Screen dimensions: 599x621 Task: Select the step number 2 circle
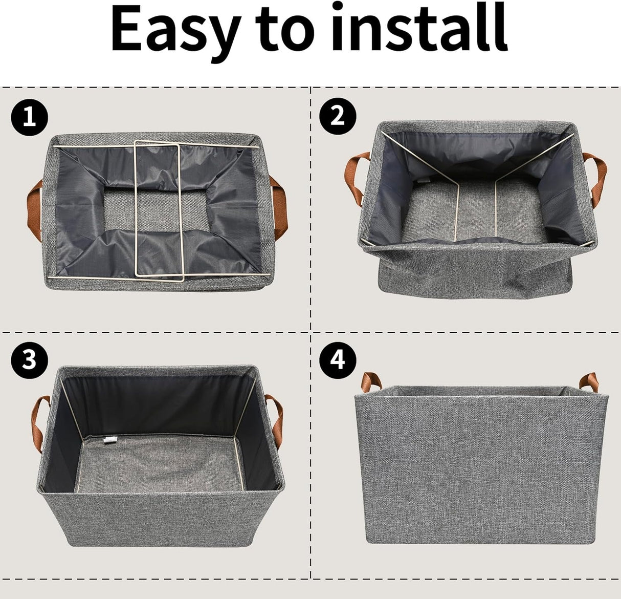tap(337, 117)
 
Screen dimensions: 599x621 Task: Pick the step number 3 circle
tap(30, 360)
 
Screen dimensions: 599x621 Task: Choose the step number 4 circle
tap(337, 360)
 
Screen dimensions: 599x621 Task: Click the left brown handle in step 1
tap(33, 210)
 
